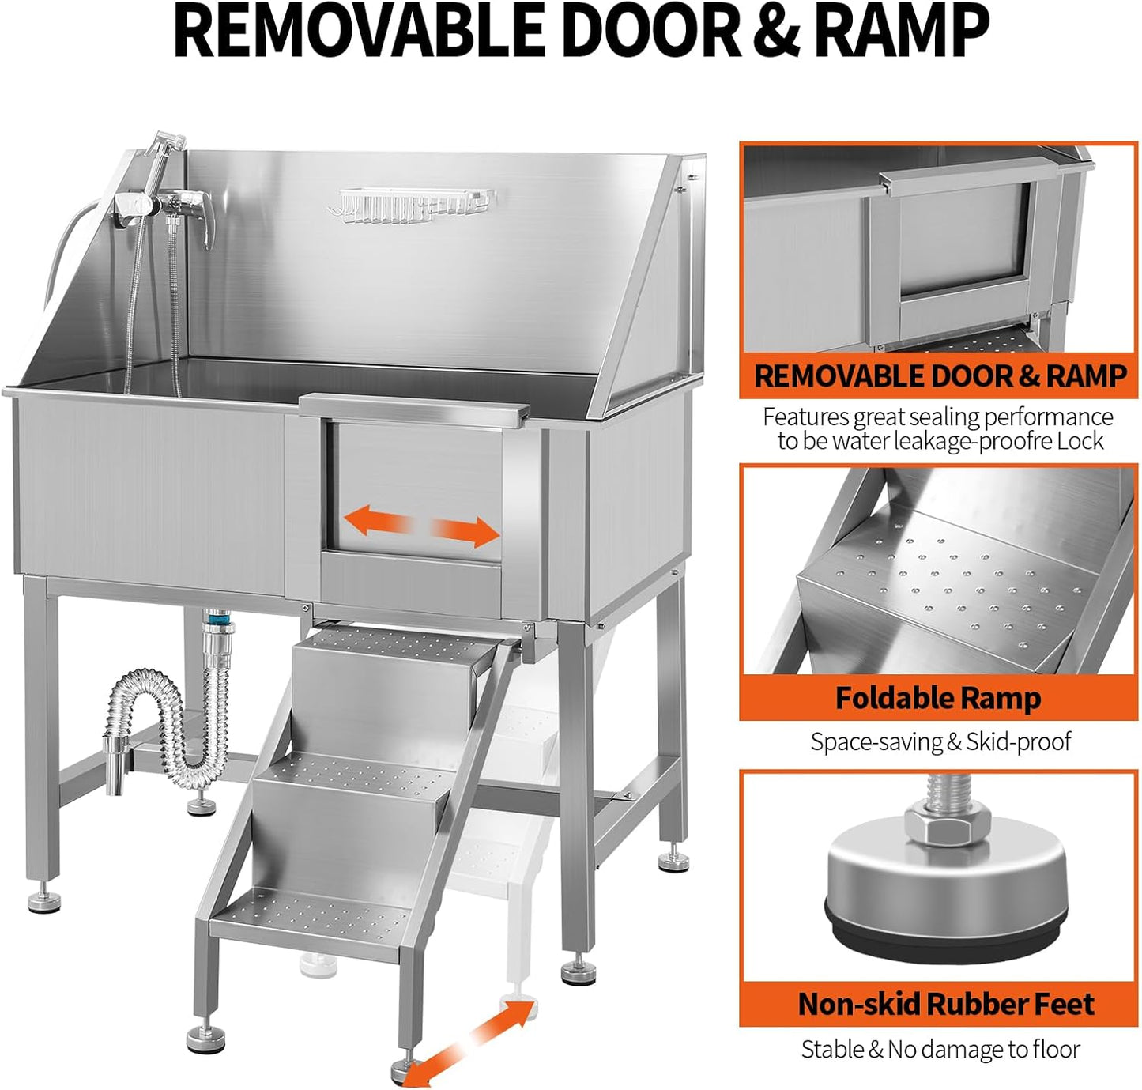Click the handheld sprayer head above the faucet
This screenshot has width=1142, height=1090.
pyautogui.click(x=168, y=145)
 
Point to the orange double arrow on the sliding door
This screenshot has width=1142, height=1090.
pyautogui.click(x=422, y=527)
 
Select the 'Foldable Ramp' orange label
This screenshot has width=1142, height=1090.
pyautogui.click(x=938, y=699)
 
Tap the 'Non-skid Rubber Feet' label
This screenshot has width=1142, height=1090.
pyautogui.click(x=945, y=1004)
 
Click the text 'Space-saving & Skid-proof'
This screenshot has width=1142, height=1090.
pyautogui.click(x=940, y=742)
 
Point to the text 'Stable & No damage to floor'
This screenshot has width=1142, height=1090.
pyautogui.click(x=940, y=1050)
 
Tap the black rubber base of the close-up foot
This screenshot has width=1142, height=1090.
pyautogui.click(x=940, y=933)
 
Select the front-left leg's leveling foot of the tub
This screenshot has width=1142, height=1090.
pyautogui.click(x=44, y=900)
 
